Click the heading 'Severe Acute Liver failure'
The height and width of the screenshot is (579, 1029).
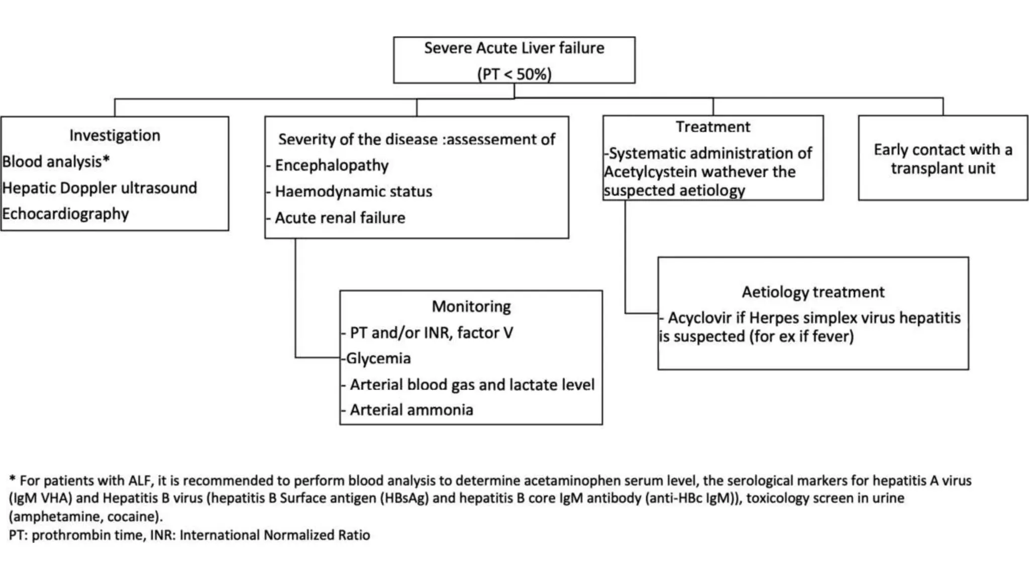pyautogui.click(x=514, y=48)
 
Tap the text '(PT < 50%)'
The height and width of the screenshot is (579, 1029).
pyautogui.click(x=514, y=74)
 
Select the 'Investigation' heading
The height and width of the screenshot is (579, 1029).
pyautogui.click(x=115, y=135)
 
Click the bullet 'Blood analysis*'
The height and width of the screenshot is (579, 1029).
pyautogui.click(x=56, y=162)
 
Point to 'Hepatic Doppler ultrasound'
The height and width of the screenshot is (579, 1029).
pyautogui.click(x=99, y=188)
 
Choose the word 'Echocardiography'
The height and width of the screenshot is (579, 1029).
pyautogui.click(x=65, y=214)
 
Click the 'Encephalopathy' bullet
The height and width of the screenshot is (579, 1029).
pyautogui.click(x=331, y=165)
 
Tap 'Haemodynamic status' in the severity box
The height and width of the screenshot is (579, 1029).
pyautogui.click(x=353, y=191)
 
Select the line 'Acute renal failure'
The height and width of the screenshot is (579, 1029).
pyautogui.click(x=340, y=218)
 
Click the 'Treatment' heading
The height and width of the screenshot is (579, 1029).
pyautogui.click(x=712, y=127)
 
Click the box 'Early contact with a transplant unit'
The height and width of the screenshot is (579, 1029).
pyautogui.click(x=943, y=158)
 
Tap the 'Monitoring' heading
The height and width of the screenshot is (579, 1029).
pyautogui.click(x=471, y=306)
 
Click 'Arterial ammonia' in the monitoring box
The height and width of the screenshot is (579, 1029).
pyautogui.click(x=411, y=410)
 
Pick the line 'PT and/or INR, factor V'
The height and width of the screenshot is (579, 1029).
pyautogui.click(x=431, y=333)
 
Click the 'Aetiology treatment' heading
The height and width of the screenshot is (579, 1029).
pyautogui.click(x=813, y=292)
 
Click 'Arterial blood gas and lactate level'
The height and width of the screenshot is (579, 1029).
pyautogui.click(x=472, y=384)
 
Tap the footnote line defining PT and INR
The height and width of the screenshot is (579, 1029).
pyautogui.click(x=189, y=535)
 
